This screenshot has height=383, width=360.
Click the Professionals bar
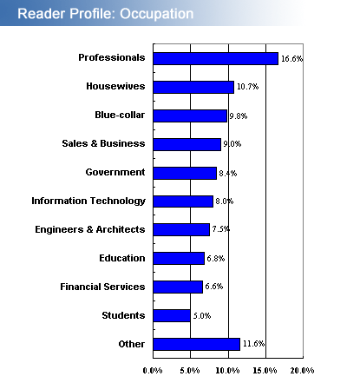coord(216,58)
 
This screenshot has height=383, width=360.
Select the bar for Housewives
coord(193,87)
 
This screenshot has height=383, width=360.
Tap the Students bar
coord(172,315)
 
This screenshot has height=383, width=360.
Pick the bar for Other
coord(197,344)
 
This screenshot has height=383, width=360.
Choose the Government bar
coord(185,173)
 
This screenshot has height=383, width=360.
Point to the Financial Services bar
coord(178,287)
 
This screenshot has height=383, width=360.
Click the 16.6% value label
coord(292,59)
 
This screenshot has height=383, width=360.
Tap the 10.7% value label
coord(248,87)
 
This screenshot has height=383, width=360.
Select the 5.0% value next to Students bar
coord(202,315)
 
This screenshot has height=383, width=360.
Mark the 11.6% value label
coord(253,344)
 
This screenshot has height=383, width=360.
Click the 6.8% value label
coord(216,259)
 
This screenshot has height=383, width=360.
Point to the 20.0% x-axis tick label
coord(302,371)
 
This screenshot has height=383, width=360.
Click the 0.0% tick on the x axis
coord(153,371)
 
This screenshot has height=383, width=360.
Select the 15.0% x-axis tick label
coord(265,371)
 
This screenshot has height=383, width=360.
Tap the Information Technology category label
coord(88,201)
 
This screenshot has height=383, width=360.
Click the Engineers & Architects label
coord(90,229)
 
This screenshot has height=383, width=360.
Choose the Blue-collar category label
coord(120,115)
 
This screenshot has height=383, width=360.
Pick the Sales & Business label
coord(103,143)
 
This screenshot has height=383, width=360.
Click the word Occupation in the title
coord(157,14)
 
